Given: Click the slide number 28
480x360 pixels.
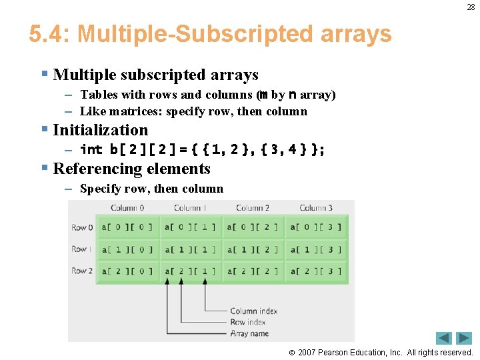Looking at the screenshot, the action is pyautogui.click(x=471, y=7).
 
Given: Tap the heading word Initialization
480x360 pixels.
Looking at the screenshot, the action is pyautogui.click(x=100, y=130).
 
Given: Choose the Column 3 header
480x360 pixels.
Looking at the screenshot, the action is pyautogui.click(x=316, y=208).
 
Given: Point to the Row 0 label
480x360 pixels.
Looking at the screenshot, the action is pyautogui.click(x=82, y=228).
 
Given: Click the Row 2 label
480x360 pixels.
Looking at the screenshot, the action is pyautogui.click(x=82, y=271).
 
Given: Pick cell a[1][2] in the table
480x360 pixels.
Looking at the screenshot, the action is pyautogui.click(x=253, y=250).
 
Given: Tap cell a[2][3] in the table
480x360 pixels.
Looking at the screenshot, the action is pyautogui.click(x=316, y=271).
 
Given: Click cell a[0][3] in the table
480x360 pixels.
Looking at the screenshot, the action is pyautogui.click(x=316, y=228).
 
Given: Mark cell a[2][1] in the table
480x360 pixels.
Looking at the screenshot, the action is pyautogui.click(x=190, y=271).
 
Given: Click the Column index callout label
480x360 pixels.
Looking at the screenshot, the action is pyautogui.click(x=253, y=311).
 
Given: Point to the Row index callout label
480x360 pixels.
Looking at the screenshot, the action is pyautogui.click(x=247, y=322).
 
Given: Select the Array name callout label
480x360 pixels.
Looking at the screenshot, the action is pyautogui.click(x=249, y=333).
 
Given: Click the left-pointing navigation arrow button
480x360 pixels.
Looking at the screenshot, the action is pyautogui.click(x=444, y=338).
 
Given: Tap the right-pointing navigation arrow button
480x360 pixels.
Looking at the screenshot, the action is pyautogui.click(x=464, y=338).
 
